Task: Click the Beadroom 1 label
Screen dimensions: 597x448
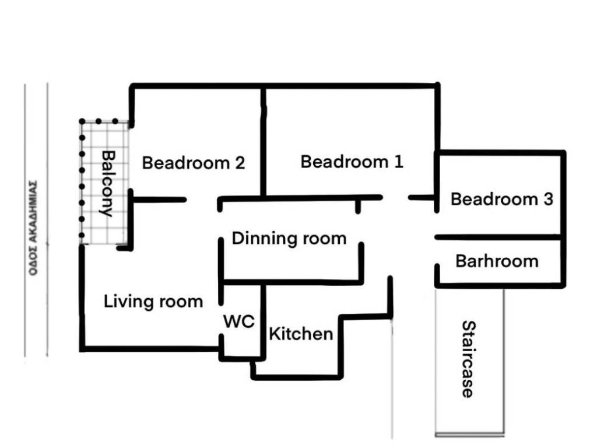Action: (x=352, y=162)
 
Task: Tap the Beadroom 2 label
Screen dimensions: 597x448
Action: (x=194, y=163)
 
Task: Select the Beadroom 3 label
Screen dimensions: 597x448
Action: (x=502, y=199)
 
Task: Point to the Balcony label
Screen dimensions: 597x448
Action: (x=108, y=184)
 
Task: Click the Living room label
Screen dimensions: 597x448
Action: (x=153, y=302)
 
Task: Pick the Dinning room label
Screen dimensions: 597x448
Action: (x=289, y=239)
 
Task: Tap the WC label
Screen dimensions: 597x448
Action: (x=238, y=321)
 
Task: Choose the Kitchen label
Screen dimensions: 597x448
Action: (x=301, y=334)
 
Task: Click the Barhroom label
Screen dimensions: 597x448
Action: (x=497, y=261)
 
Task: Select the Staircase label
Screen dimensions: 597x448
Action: (x=468, y=359)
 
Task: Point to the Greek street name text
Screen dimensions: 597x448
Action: (x=33, y=228)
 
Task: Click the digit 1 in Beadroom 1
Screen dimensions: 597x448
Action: (x=398, y=162)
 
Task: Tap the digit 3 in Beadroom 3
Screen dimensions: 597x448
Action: (x=548, y=199)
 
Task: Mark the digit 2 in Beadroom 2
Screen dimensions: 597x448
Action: (x=240, y=163)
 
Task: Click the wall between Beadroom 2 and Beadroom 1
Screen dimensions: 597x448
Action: (x=263, y=142)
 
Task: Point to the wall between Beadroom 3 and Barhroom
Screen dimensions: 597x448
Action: (x=499, y=237)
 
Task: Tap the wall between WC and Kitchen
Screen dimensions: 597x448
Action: (x=263, y=321)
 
